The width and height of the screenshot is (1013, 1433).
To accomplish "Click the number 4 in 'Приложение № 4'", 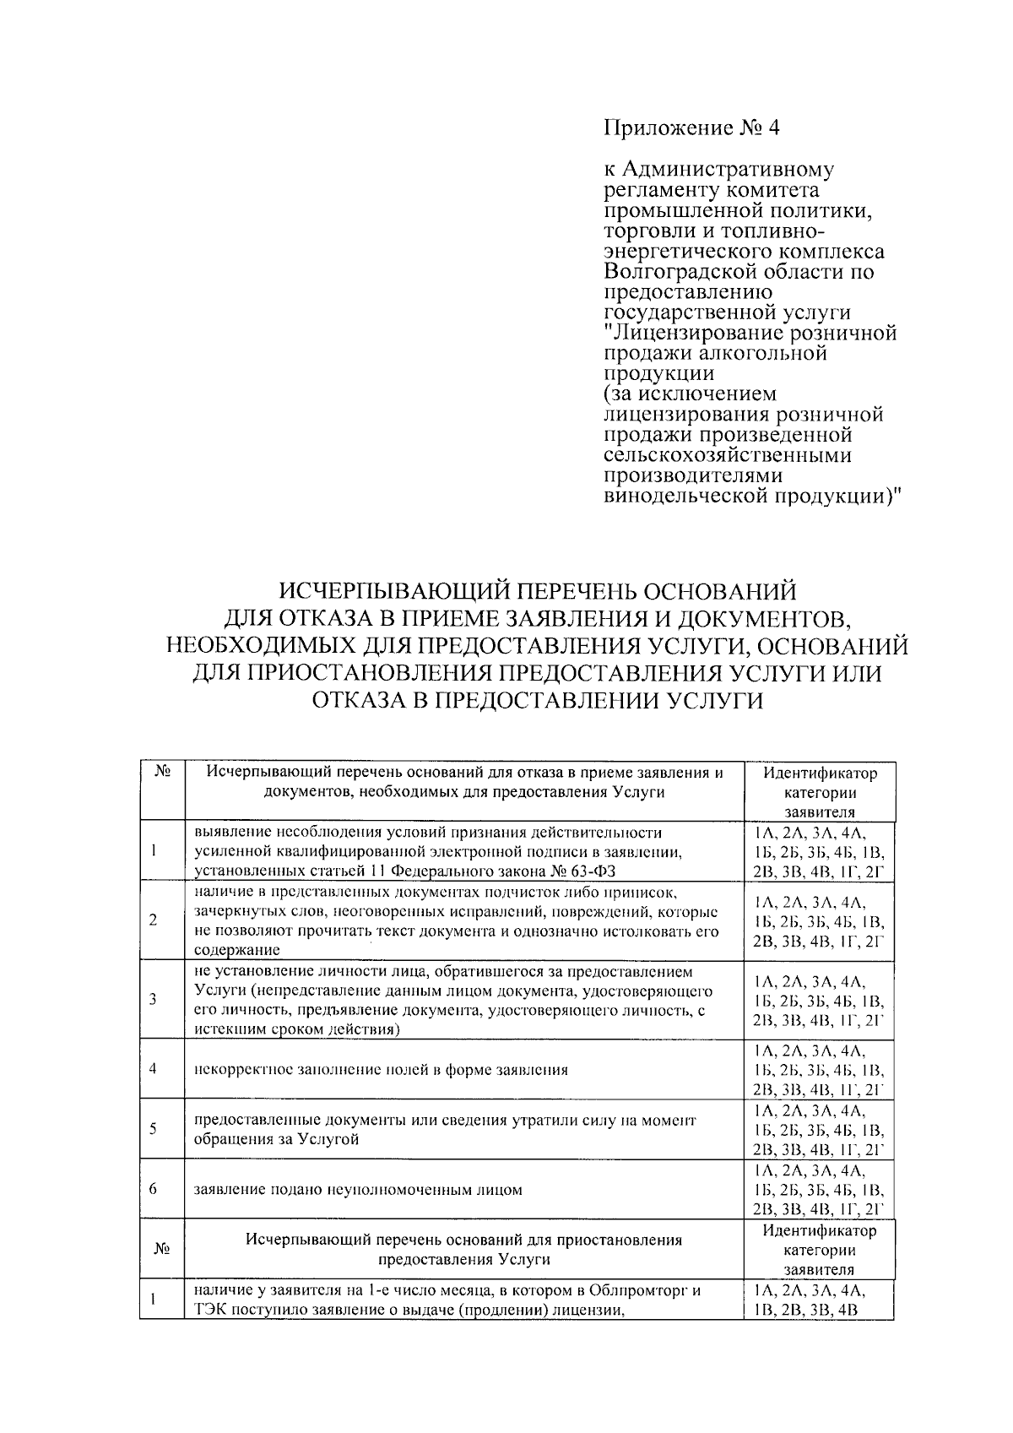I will [774, 128].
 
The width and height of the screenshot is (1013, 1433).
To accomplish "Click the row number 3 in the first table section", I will [153, 999].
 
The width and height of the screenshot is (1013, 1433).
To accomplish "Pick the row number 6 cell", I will [153, 1190].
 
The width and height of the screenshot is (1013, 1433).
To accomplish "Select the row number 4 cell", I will [153, 1068].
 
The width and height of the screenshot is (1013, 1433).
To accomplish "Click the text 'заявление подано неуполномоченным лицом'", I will [358, 1190].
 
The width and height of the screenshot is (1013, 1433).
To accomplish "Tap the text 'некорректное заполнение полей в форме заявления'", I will [381, 1069].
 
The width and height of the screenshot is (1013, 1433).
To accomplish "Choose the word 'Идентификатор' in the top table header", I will [820, 773].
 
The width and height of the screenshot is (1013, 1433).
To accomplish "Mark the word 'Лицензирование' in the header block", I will [696, 334].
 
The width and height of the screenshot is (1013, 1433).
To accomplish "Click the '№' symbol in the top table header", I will [164, 772].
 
